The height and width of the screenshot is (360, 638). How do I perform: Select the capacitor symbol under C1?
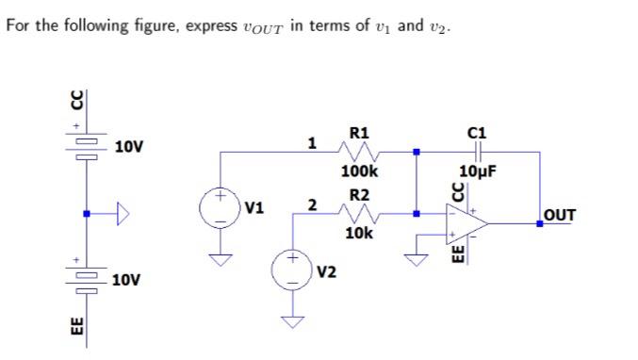pyautogui.click(x=480, y=151)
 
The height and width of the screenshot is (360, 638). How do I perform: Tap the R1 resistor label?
pyautogui.click(x=359, y=132)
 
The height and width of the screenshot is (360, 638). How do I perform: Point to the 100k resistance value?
pyautogui.click(x=359, y=172)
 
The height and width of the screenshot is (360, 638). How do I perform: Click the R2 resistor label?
pyautogui.click(x=359, y=195)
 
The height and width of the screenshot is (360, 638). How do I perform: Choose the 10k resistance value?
pyautogui.click(x=359, y=233)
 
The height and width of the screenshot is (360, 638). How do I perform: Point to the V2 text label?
pyautogui.click(x=327, y=272)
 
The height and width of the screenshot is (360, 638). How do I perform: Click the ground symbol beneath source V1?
pyautogui.click(x=219, y=259)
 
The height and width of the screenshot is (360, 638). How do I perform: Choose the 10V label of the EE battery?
pyautogui.click(x=126, y=281)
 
